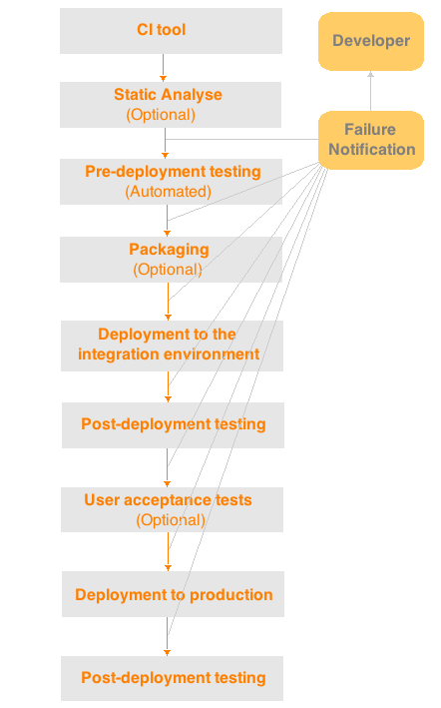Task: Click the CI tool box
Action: tap(171, 31)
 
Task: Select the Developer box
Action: tap(371, 41)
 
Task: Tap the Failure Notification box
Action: tap(371, 140)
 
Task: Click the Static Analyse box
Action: tap(171, 105)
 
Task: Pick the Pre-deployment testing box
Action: tap(171, 182)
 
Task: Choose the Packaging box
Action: tap(171, 260)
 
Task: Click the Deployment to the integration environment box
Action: tap(172, 346)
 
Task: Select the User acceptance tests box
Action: tap(172, 509)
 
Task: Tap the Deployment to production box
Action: tap(173, 594)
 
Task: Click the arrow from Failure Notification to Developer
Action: tap(370, 91)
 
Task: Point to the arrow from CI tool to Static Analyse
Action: tap(164, 68)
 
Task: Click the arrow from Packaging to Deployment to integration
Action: tap(169, 302)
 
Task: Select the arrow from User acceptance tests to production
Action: tap(169, 552)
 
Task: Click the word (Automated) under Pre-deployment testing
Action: tap(169, 192)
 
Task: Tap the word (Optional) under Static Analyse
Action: tap(161, 115)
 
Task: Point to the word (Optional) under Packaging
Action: tap(168, 270)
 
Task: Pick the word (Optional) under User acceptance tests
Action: tap(171, 520)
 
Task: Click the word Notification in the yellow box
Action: tap(372, 150)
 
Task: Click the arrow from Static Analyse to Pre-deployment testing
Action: tap(165, 143)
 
